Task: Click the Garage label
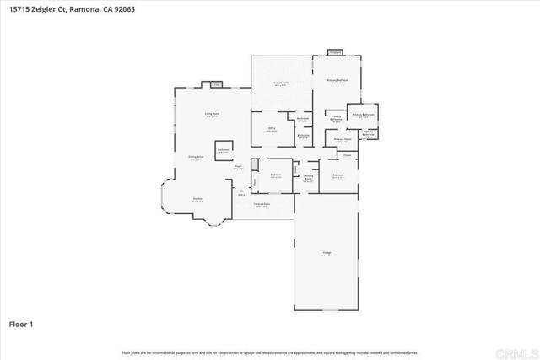point(326,253)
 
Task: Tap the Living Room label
point(212,114)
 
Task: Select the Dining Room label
point(194,158)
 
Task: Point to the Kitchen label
point(197,200)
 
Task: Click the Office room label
point(272,129)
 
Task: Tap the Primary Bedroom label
point(337,81)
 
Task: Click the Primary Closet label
point(342,140)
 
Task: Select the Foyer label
point(239,167)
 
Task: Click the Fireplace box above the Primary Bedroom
point(335,52)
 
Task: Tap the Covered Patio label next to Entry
point(262,204)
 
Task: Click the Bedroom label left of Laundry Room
point(275,176)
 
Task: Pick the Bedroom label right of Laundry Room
point(337,176)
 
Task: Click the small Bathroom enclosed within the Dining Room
point(224,149)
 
